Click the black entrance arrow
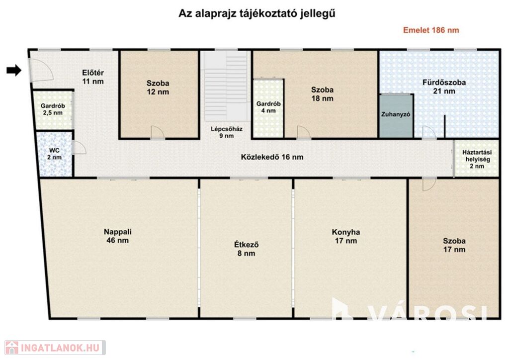[14, 70]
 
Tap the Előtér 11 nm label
[93, 77]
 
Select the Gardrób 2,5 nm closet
[53, 109]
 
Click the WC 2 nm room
[54, 154]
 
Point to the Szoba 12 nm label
[158, 88]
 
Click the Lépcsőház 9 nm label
[227, 132]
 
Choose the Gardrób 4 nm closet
[268, 108]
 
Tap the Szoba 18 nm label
[322, 94]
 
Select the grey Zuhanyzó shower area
[396, 115]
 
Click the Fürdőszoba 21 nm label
[444, 87]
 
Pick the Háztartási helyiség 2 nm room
[477, 159]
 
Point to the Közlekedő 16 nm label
[272, 157]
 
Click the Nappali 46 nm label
[117, 236]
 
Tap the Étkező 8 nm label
[247, 249]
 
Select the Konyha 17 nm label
[346, 236]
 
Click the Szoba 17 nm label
[454, 245]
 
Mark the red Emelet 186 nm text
[431, 30]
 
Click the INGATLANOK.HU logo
[55, 348]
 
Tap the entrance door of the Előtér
[41, 70]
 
